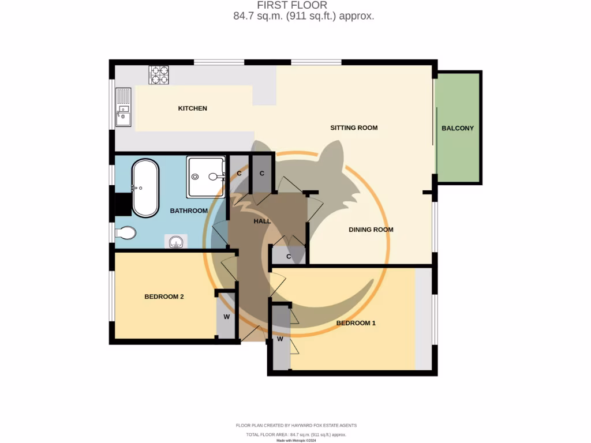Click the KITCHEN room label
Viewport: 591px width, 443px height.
[x=192, y=108]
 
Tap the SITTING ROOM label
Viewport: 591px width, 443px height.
[x=354, y=127]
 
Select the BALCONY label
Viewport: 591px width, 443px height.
[x=458, y=128]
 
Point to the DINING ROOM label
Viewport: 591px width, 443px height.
[x=371, y=230]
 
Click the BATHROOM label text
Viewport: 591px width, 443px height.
[x=188, y=211]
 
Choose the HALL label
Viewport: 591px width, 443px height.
[x=263, y=221]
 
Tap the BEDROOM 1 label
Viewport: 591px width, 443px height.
[x=356, y=323]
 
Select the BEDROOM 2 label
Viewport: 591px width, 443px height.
[x=164, y=296]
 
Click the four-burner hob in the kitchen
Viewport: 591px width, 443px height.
[x=159, y=75]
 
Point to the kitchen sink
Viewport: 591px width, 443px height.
[x=123, y=108]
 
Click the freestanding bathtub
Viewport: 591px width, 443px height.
[x=145, y=188]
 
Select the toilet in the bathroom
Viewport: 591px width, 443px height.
[x=126, y=232]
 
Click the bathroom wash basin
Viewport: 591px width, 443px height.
[x=177, y=242]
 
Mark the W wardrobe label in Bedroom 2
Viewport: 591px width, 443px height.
[x=227, y=317]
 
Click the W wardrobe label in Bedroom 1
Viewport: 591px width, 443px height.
[x=280, y=339]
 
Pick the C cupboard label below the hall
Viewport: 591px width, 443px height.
[x=289, y=257]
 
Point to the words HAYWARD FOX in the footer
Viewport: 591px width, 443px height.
[x=312, y=425]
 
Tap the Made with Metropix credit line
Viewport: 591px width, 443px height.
[x=296, y=440]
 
